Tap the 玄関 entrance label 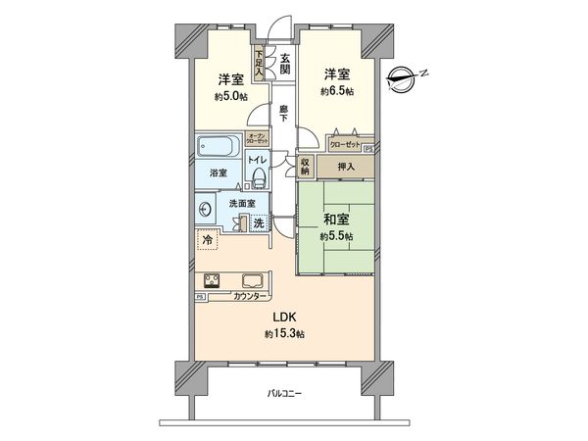[284, 64]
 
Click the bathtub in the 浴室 [215, 149]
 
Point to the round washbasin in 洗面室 [206, 209]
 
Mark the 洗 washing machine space [258, 223]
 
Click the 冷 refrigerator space [207, 238]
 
